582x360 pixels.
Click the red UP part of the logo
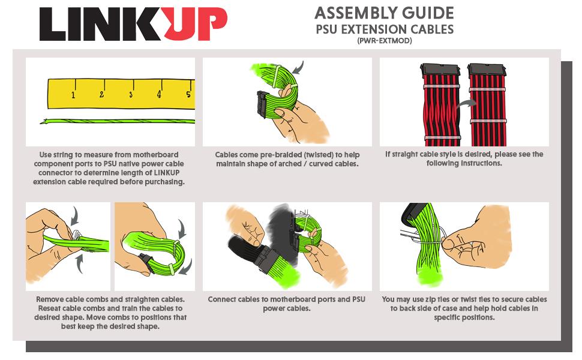coord(195,23)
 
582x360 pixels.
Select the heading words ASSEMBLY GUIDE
coord(384,13)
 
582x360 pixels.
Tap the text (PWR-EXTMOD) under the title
coord(385,41)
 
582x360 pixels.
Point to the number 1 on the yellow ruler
coord(73,95)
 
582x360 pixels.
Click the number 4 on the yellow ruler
coord(159,94)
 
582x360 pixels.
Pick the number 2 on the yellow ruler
coord(101,94)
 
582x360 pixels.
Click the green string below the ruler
coord(118,121)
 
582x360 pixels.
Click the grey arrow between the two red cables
coord(467,104)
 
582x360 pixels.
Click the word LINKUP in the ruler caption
coord(167,173)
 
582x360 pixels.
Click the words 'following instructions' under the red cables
coord(464,163)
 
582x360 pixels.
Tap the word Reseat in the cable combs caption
coord(49,308)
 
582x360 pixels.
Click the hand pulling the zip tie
coord(479,238)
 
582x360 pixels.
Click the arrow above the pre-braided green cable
coord(299,68)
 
